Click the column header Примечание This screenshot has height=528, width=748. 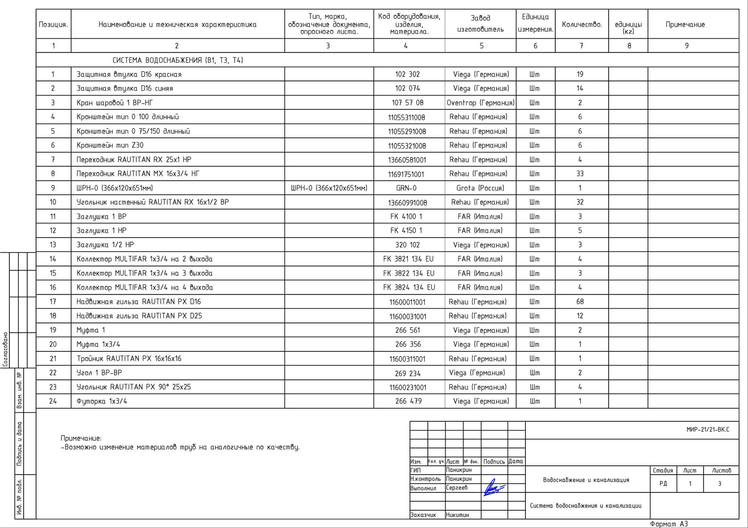click(685, 24)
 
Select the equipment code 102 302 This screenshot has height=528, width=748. click(407, 74)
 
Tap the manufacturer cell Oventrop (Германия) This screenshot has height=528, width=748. click(480, 103)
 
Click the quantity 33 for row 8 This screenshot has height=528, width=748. click(580, 173)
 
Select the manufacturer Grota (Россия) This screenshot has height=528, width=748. click(480, 188)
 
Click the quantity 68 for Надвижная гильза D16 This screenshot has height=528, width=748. click(580, 302)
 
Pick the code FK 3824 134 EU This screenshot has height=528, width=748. click(409, 287)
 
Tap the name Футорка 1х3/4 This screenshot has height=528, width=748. click(102, 401)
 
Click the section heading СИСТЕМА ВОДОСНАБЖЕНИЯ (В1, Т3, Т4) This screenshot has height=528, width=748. click(178, 60)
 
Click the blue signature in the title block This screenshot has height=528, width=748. click(494, 488)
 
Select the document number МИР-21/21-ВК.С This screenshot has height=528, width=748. click(708, 430)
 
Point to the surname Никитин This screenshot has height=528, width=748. click(457, 515)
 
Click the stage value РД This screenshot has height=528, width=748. click(663, 484)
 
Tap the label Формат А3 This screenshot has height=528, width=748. click(669, 524)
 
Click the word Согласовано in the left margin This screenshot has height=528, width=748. click(5, 349)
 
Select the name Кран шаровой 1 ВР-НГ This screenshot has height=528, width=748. click(114, 103)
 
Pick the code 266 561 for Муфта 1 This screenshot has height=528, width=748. click(407, 330)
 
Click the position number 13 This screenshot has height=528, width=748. click(53, 245)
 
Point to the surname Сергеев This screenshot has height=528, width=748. click(457, 488)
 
